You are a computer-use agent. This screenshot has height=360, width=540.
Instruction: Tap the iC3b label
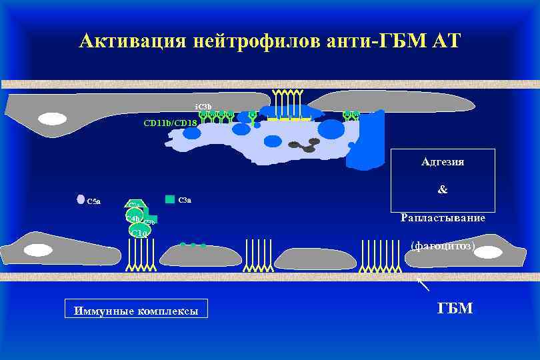pos(203,107)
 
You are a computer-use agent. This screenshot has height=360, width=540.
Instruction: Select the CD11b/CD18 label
pos(171,123)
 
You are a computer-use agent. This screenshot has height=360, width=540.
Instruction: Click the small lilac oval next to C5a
pos(81,199)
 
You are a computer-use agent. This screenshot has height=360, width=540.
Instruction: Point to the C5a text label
pos(94,201)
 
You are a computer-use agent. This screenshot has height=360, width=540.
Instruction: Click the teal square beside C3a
pos(169,199)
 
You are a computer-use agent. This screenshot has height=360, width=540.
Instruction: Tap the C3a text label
pos(185,200)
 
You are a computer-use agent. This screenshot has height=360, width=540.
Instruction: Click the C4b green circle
pos(133,217)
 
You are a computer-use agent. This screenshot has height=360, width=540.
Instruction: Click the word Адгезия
pos(443,162)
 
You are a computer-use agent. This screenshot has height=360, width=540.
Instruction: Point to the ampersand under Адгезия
pos(443,190)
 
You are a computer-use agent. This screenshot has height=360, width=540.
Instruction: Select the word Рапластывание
pos(443,218)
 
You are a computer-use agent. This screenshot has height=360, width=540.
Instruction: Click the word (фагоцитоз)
pos(443,245)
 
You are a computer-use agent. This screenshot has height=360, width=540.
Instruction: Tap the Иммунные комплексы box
pos(136,310)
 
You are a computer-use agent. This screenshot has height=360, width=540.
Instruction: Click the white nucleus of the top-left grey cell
pos(52,119)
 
